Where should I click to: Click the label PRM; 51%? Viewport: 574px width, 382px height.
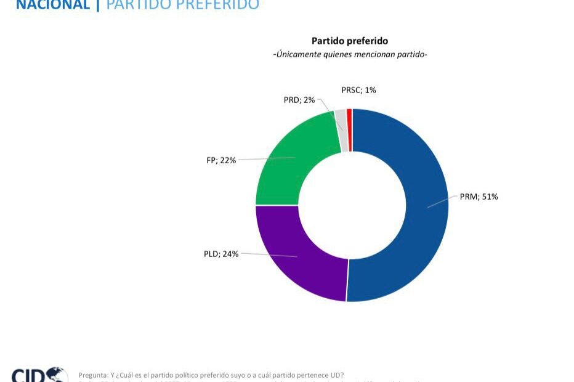[x=479, y=197]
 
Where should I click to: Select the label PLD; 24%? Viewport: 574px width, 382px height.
[x=220, y=254]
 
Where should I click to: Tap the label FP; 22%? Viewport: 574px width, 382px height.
[x=220, y=160]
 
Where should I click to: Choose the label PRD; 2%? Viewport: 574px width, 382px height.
[x=299, y=100]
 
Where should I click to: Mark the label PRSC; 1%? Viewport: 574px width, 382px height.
[x=358, y=90]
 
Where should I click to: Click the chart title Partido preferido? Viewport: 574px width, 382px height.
[x=350, y=41]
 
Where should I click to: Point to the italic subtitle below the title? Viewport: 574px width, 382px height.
[x=350, y=55]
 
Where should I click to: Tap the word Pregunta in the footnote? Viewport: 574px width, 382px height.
[x=93, y=375]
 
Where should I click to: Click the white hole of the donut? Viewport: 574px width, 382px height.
[x=352, y=205]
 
